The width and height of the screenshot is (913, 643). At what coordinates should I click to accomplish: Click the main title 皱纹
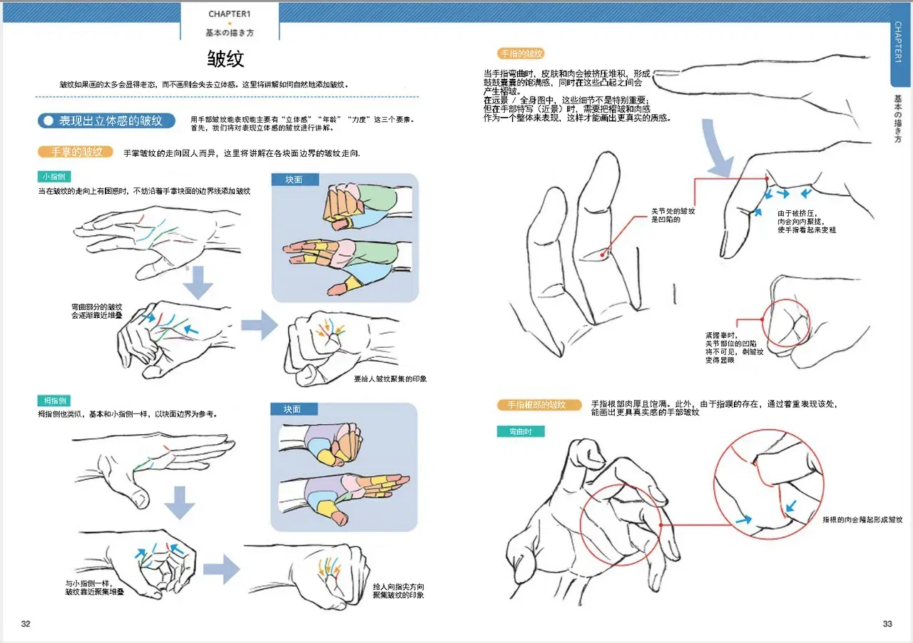(225, 58)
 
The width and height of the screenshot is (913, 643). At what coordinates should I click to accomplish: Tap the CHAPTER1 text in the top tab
(230, 14)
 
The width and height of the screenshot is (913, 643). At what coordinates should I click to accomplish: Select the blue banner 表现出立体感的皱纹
(106, 120)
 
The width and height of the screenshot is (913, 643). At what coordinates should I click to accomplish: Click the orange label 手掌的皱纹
(76, 152)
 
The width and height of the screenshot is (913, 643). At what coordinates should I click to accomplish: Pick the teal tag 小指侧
(54, 177)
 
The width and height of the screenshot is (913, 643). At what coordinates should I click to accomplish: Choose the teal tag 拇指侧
(54, 401)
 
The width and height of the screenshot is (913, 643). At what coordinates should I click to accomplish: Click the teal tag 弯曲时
(521, 431)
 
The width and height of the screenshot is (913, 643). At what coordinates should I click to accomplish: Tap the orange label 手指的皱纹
(521, 53)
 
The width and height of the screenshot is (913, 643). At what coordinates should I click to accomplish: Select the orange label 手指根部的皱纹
(539, 405)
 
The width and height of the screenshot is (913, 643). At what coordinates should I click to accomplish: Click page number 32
(26, 624)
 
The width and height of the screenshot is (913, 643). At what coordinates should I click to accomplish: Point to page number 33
(887, 624)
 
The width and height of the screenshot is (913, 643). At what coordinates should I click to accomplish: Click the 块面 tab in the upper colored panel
(295, 180)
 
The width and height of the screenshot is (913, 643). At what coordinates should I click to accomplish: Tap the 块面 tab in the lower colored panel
(294, 409)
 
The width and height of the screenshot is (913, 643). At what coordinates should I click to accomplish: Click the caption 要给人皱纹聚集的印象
(390, 379)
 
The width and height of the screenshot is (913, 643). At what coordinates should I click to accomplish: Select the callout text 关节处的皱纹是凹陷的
(673, 215)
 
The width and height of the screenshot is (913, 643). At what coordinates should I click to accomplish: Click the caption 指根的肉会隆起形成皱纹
(862, 520)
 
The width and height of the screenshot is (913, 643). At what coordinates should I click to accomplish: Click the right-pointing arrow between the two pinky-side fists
(259, 325)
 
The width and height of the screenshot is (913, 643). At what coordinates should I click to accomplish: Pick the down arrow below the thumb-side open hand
(179, 502)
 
